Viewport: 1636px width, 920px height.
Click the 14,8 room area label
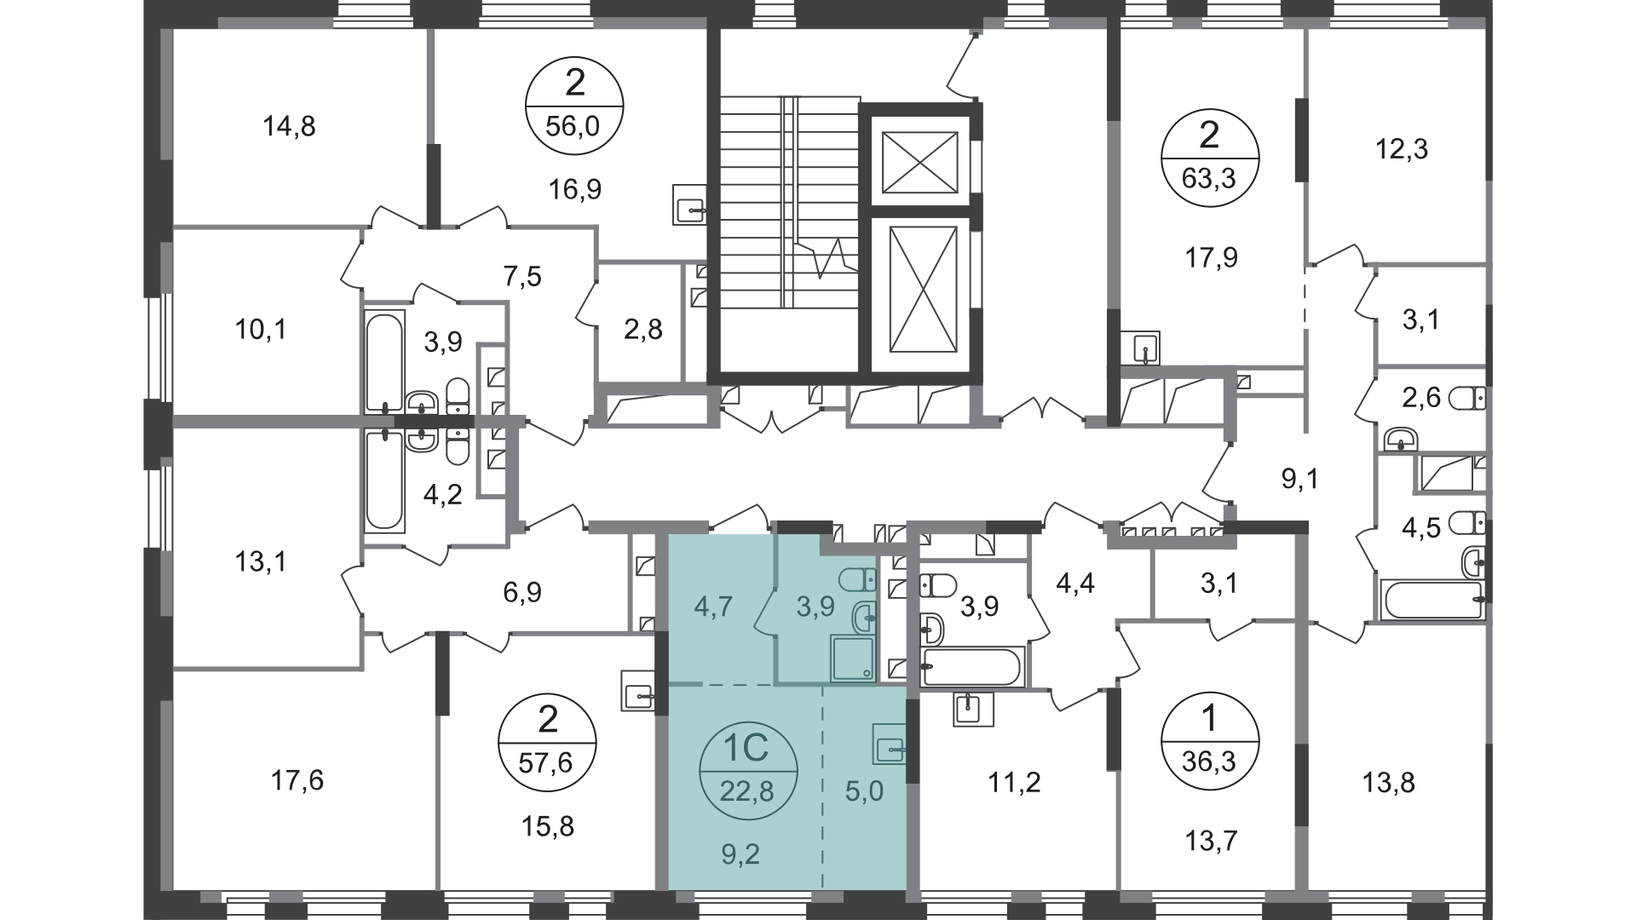(x=289, y=127)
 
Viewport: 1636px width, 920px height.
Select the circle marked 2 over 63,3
(x=1210, y=159)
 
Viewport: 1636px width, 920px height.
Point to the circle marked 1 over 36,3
(x=1210, y=739)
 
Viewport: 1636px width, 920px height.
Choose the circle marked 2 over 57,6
(x=549, y=739)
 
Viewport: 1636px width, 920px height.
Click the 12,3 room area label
(x=1402, y=150)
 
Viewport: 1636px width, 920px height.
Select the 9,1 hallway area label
(x=1300, y=480)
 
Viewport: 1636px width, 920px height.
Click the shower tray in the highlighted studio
(x=853, y=658)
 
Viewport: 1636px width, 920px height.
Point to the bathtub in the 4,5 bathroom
(x=1432, y=601)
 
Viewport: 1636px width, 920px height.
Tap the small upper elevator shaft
(x=920, y=162)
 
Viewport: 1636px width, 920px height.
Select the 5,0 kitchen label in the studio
(x=865, y=791)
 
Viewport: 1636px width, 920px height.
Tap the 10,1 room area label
(x=260, y=329)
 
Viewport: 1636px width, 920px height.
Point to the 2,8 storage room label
(x=643, y=330)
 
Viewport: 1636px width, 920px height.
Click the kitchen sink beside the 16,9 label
(x=689, y=204)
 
